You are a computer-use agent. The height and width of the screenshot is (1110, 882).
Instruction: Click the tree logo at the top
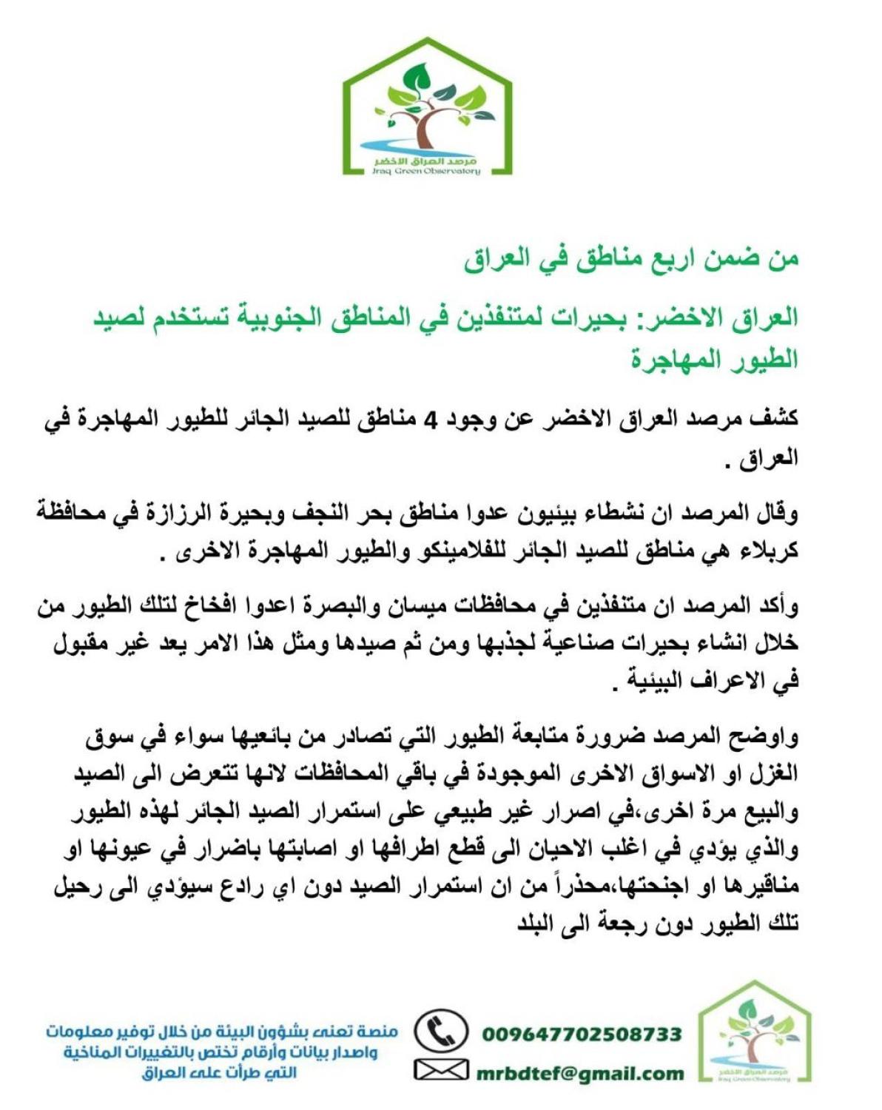coord(428,107)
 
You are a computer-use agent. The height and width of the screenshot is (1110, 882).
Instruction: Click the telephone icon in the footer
coord(441,1031)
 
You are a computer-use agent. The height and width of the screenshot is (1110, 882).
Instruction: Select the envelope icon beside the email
coord(441,1070)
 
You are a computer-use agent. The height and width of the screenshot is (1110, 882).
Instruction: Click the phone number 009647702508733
coord(582,1033)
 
